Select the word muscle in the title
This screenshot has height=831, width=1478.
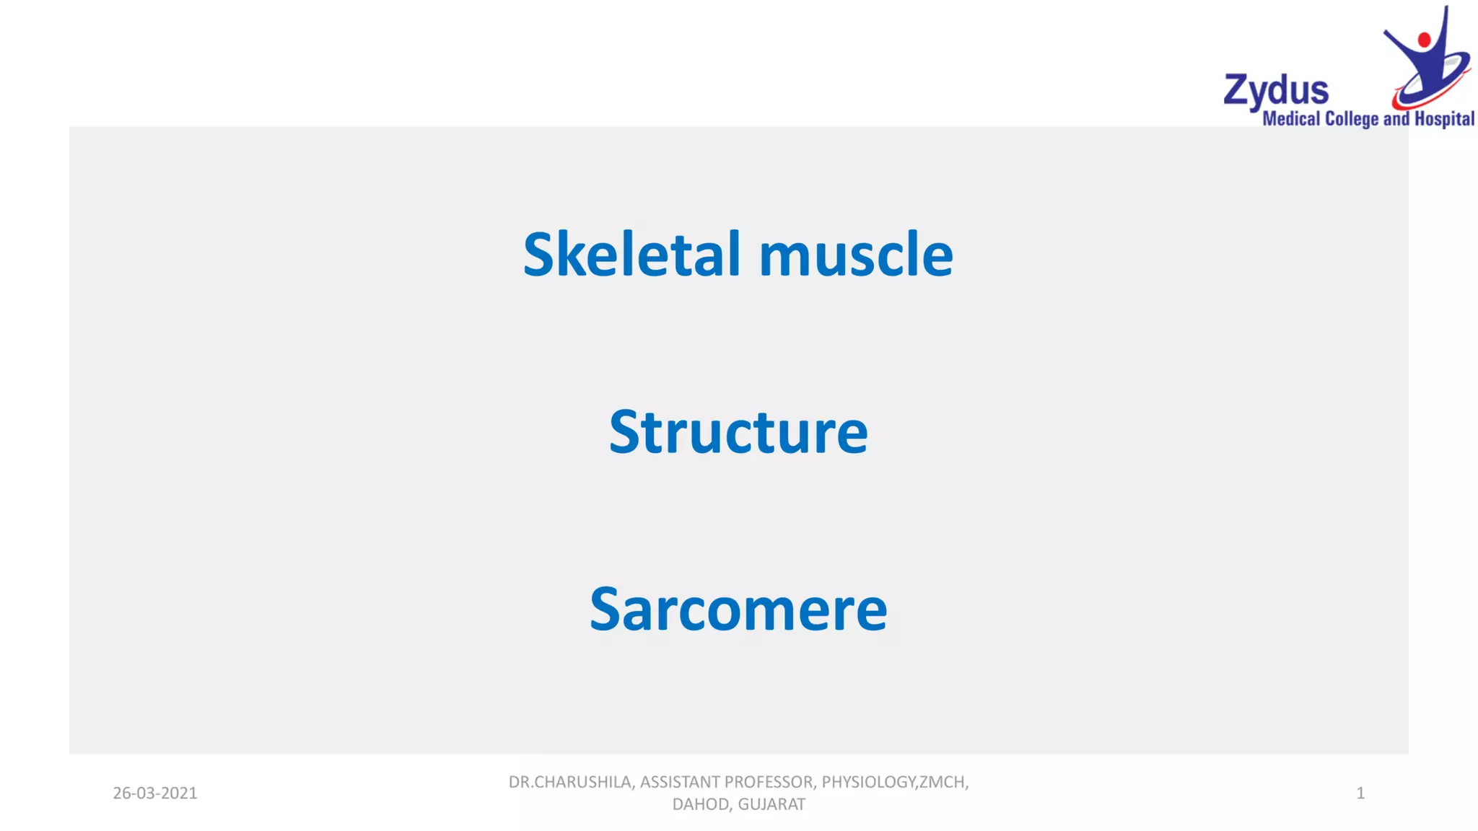[856, 255]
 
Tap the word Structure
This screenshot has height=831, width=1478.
[738, 431]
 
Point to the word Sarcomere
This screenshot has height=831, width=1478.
[738, 610]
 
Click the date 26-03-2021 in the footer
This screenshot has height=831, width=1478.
[155, 793]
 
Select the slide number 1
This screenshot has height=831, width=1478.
[1360, 793]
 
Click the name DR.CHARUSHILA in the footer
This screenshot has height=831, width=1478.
[570, 782]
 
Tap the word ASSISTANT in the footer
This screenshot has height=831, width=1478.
[680, 782]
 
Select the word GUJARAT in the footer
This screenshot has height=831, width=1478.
[771, 804]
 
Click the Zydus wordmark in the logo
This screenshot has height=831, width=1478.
[1276, 92]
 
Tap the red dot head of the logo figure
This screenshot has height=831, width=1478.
[1424, 40]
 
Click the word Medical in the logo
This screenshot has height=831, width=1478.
[1291, 119]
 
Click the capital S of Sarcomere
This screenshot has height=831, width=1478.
[605, 610]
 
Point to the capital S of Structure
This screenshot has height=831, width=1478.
[624, 431]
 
